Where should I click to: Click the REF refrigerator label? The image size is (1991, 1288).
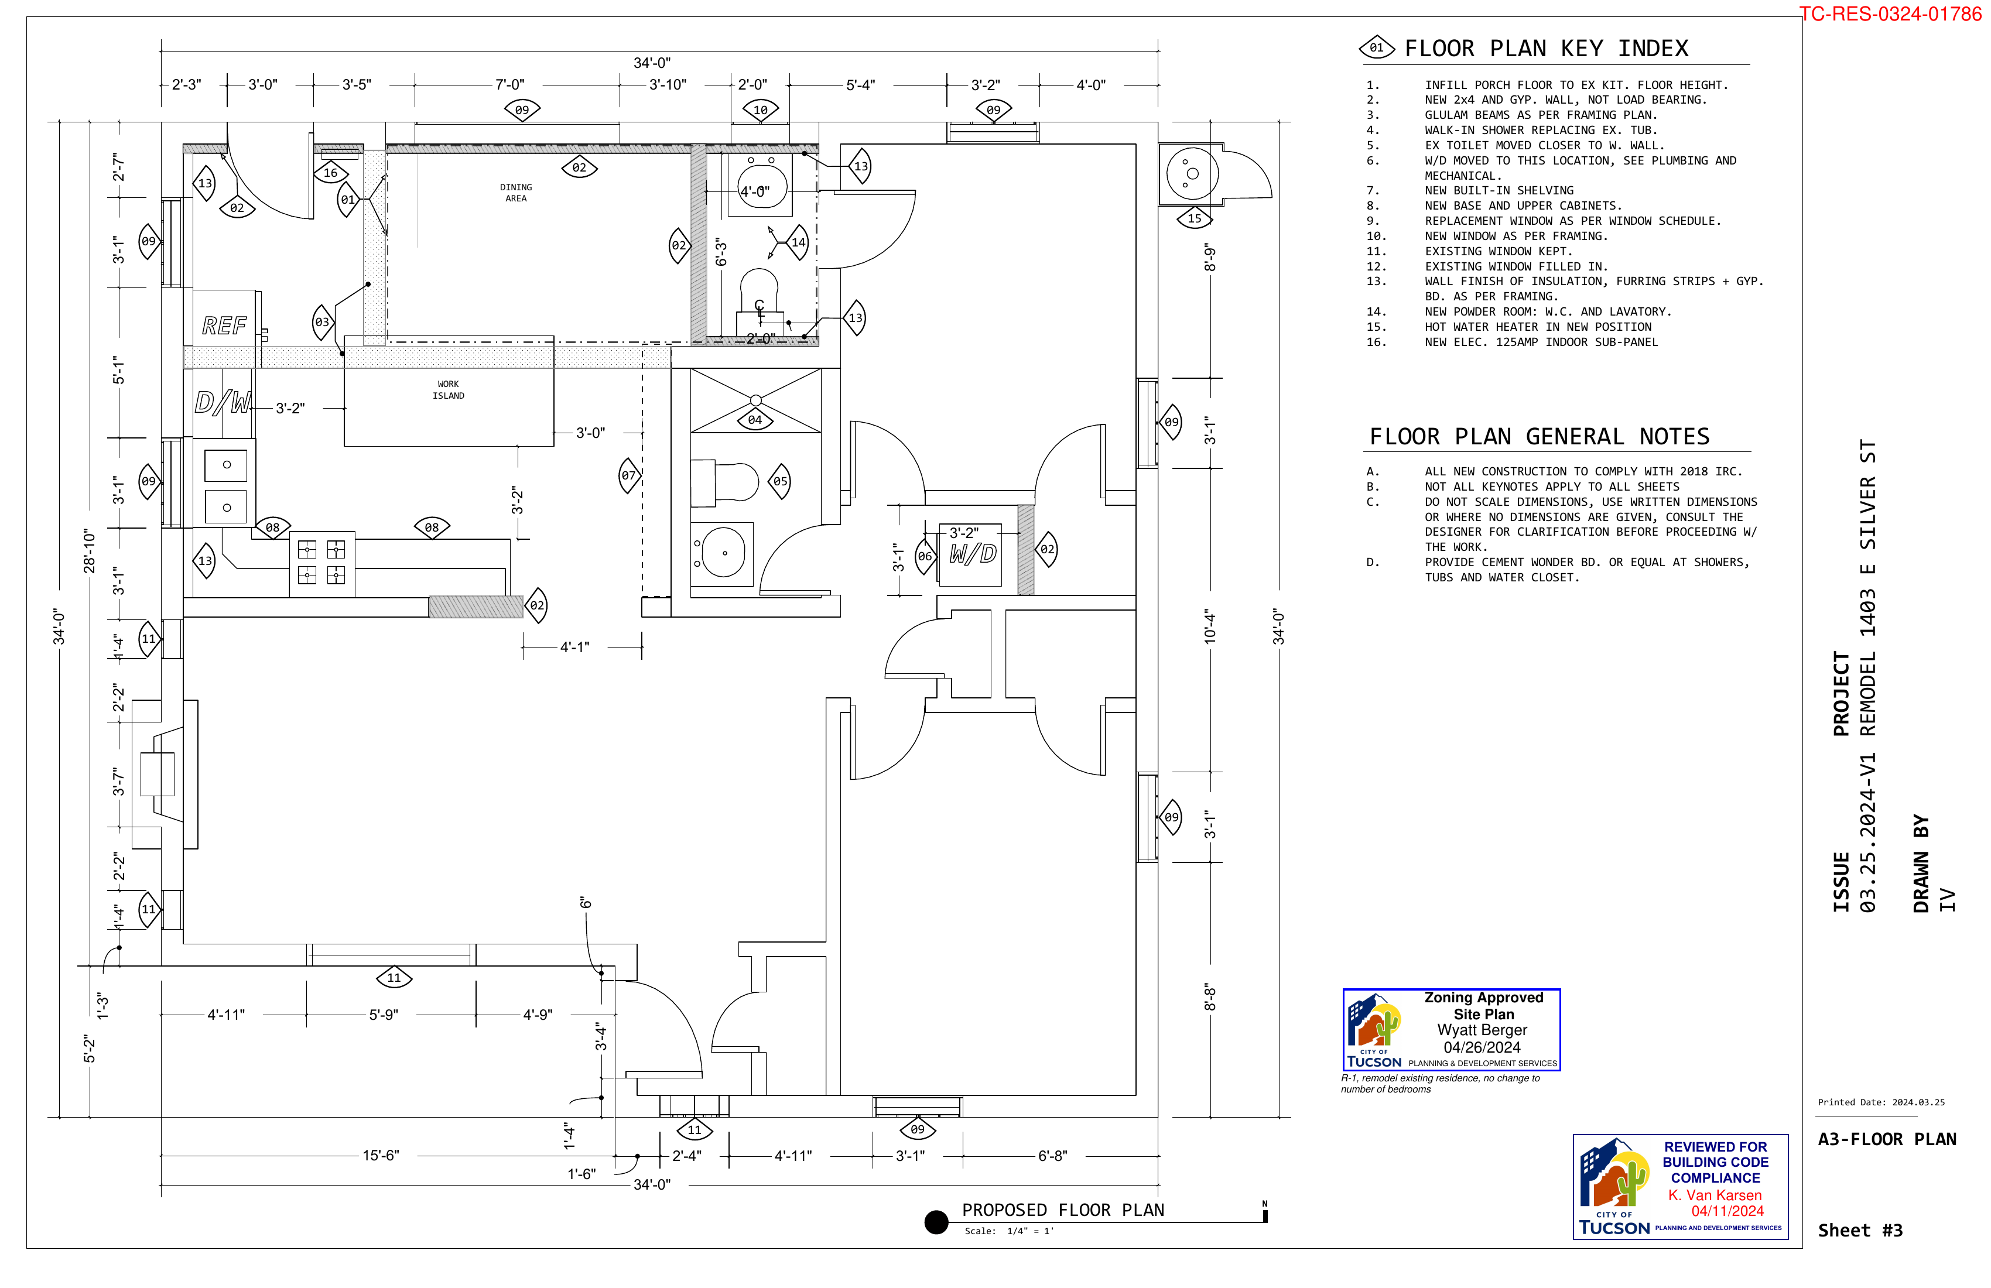[224, 326]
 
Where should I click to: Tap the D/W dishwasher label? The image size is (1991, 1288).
[223, 403]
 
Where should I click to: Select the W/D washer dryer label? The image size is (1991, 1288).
[973, 554]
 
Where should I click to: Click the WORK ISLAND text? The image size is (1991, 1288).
[449, 390]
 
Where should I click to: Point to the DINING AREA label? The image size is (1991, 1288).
[516, 193]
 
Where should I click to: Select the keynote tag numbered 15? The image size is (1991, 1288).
[1194, 218]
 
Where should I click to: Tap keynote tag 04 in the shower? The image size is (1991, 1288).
[755, 420]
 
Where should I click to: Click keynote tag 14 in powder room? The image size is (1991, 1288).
[798, 242]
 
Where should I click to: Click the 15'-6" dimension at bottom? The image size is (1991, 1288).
[381, 1156]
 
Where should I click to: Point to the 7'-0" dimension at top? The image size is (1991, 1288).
[509, 84]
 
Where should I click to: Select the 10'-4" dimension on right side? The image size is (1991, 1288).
[1210, 626]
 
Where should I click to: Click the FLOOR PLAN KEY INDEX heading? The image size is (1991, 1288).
[1546, 49]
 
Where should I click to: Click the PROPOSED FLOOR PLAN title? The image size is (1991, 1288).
[1062, 1210]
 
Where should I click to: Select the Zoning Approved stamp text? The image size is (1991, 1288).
[1483, 998]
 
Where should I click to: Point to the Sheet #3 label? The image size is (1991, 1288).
[1860, 1230]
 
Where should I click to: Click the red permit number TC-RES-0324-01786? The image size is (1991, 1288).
[1890, 14]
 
